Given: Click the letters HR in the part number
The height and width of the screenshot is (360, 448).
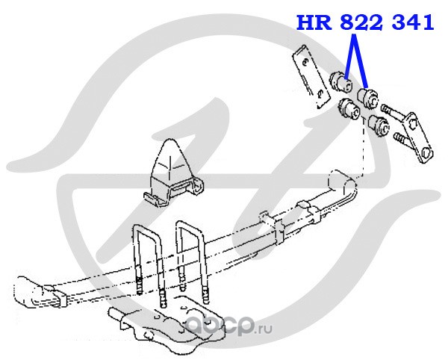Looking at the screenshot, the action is tap(314, 22).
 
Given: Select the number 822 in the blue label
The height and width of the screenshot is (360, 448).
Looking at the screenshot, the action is tap(361, 22).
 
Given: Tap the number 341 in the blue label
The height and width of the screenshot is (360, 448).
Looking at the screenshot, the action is tap(413, 22).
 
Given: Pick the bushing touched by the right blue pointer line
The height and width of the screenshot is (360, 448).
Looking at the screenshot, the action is tap(368, 99).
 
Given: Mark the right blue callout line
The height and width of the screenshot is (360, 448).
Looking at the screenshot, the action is tap(361, 60).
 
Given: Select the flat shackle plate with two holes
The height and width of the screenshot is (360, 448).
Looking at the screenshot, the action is tap(311, 77).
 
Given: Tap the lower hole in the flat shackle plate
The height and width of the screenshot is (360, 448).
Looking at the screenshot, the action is tap(321, 93).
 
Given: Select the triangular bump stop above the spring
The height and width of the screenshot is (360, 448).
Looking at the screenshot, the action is tap(174, 173).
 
